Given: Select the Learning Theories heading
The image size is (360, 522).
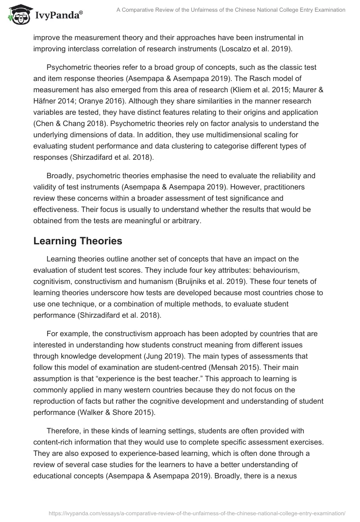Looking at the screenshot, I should [x=77, y=241].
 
